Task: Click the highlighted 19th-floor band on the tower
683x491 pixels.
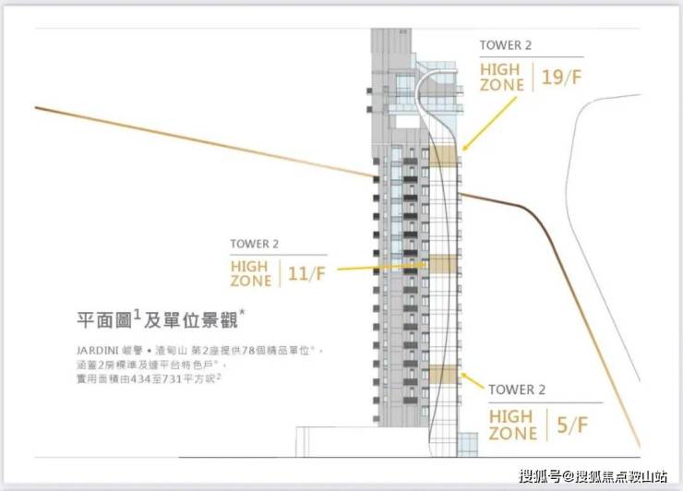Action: [445, 157]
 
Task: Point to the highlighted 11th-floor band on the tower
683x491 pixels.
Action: [444, 265]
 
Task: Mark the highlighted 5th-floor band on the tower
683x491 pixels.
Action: [444, 374]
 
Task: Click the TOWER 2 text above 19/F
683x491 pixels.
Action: [506, 44]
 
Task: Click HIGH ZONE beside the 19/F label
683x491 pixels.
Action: [501, 78]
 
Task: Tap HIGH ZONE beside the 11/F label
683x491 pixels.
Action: [251, 273]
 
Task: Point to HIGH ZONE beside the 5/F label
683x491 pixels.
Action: [512, 425]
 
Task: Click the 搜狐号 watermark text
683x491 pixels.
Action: [538, 476]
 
